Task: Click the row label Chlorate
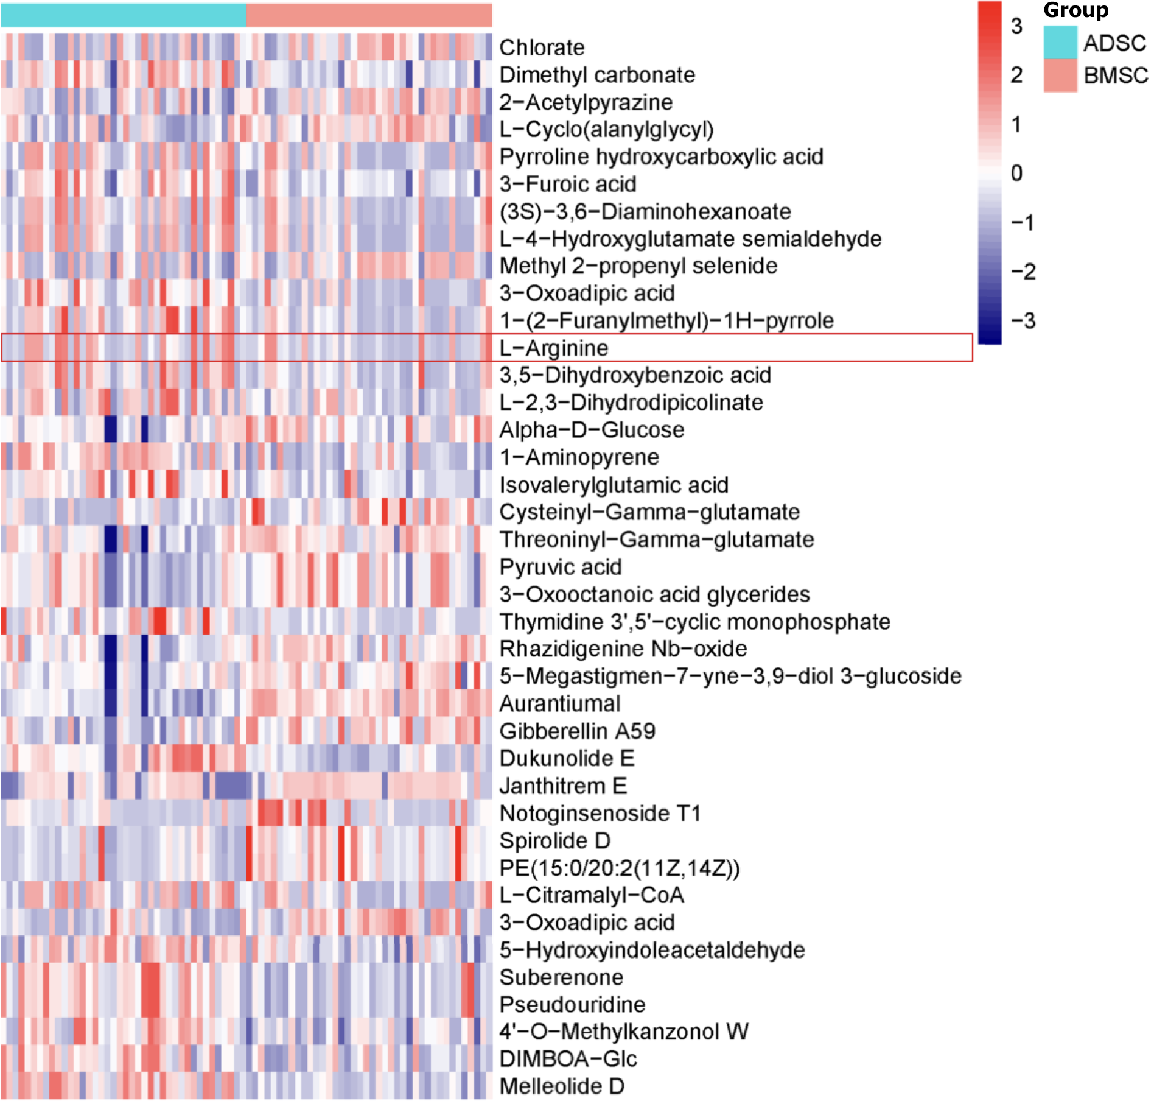click(x=542, y=47)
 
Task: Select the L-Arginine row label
click(x=554, y=348)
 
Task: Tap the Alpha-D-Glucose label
click(x=592, y=430)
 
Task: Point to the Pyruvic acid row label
click(x=561, y=567)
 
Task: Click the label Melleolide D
click(x=562, y=1086)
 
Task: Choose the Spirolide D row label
click(x=555, y=840)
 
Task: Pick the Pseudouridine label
click(x=572, y=1004)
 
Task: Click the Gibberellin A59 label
click(x=578, y=731)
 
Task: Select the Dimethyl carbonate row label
click(x=597, y=75)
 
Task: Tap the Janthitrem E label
click(x=563, y=786)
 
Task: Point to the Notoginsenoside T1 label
click(x=600, y=813)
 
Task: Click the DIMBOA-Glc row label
click(x=568, y=1058)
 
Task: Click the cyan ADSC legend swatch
click(x=1060, y=42)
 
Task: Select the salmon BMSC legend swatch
click(x=1060, y=76)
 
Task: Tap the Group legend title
click(x=1076, y=10)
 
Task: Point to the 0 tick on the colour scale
click(x=1016, y=173)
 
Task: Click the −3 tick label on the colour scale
click(x=1023, y=320)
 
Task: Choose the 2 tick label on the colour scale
click(x=1016, y=75)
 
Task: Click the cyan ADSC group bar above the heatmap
click(x=123, y=15)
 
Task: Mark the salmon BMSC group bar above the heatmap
click(x=369, y=15)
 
